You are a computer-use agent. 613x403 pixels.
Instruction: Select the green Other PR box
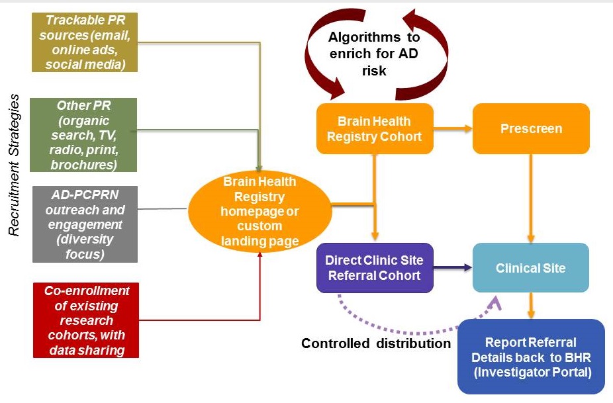pos(84,134)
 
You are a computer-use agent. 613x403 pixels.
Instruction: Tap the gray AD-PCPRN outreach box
pos(84,224)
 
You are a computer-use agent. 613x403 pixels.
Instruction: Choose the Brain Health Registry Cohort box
pos(374,128)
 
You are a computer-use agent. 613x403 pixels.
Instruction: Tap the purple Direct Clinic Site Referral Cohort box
pos(374,268)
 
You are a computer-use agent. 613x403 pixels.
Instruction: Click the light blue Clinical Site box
pos(531,268)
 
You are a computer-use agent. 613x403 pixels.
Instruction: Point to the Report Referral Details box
pos(531,357)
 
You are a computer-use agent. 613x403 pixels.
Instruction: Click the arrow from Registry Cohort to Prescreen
pos(453,128)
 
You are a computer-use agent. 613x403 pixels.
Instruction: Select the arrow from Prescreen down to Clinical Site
pos(531,199)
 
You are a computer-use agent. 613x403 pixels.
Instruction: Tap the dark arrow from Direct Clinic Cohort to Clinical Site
pos(453,268)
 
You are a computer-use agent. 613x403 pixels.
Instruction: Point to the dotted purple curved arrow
pos(410,326)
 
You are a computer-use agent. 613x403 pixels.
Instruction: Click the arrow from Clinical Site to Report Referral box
pos(531,305)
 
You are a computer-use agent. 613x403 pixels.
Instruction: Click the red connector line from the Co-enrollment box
pos(199,320)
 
